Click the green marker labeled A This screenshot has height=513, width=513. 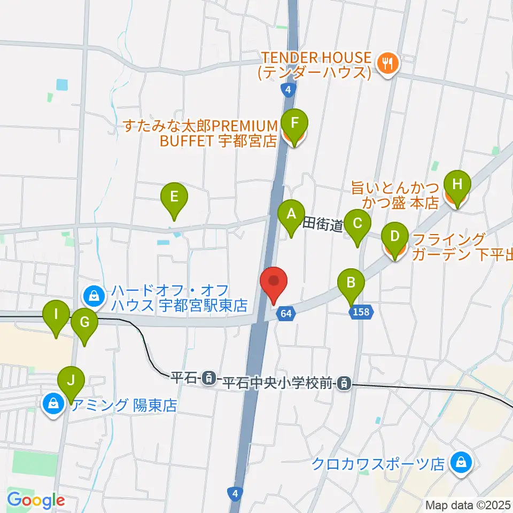coord(291,215)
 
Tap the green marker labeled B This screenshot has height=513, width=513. coord(351,283)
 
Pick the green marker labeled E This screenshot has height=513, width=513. coord(174,198)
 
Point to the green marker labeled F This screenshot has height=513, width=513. coord(294,124)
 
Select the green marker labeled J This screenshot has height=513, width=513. coord(71,382)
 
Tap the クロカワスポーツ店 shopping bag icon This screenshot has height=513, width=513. coord(460,463)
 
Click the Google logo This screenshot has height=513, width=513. coord(36,500)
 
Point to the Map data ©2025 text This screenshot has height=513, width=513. coord(468,504)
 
